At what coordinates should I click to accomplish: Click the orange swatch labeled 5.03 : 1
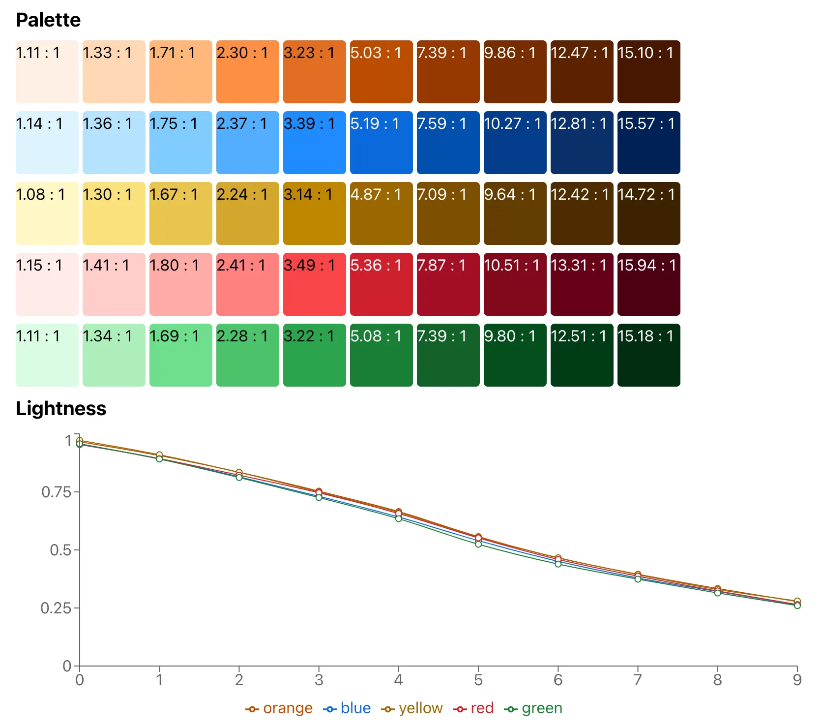tap(381, 72)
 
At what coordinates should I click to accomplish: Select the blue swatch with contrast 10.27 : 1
tap(515, 143)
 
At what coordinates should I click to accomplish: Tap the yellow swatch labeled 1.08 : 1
tap(47, 213)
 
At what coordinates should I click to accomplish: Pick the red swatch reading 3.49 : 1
tap(314, 284)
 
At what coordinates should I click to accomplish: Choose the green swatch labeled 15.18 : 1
tap(648, 355)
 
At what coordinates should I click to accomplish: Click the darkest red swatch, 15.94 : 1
tap(648, 284)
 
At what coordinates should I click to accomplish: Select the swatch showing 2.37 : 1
tap(247, 143)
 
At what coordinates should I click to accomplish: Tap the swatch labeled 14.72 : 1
tap(648, 213)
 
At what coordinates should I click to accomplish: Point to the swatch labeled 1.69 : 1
tap(180, 355)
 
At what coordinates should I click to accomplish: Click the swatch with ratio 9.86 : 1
tap(515, 72)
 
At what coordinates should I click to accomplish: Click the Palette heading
tap(48, 20)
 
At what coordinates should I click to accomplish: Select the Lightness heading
tap(61, 409)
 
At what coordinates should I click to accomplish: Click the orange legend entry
tap(279, 708)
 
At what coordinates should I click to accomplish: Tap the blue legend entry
tap(347, 708)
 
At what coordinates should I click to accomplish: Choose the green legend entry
tap(533, 708)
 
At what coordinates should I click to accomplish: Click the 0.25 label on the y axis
tap(56, 608)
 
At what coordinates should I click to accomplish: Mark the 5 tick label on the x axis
tap(478, 680)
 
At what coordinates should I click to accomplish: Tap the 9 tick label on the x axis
tap(797, 680)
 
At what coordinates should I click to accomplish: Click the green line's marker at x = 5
tap(478, 544)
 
